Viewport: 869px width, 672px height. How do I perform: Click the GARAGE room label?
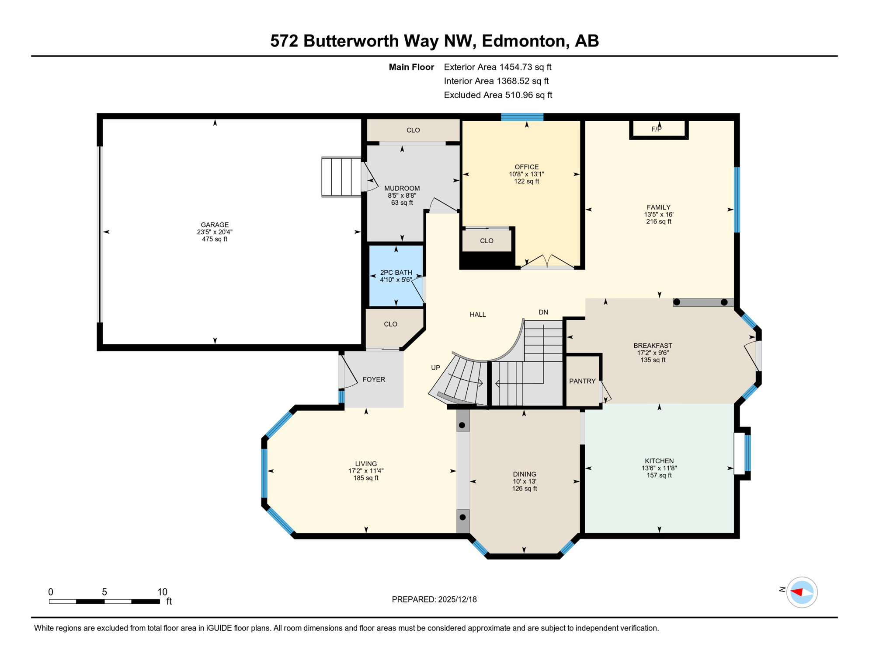click(215, 225)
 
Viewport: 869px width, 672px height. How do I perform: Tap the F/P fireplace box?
click(659, 129)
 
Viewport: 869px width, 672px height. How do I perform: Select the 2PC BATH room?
click(396, 276)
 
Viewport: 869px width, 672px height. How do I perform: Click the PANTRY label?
click(582, 381)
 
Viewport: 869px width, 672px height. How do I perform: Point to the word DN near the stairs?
click(543, 312)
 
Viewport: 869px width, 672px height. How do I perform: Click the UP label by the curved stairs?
click(435, 368)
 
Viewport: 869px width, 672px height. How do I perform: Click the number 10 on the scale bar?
click(162, 592)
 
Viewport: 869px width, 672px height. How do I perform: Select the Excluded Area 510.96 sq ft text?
click(498, 95)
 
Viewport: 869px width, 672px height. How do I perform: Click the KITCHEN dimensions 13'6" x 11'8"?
click(659, 468)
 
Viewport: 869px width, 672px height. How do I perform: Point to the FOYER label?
click(374, 380)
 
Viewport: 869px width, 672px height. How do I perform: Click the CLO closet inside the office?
click(487, 241)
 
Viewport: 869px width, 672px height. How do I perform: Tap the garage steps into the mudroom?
click(341, 177)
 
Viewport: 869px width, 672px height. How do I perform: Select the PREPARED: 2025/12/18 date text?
click(434, 599)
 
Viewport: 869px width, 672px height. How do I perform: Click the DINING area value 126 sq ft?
click(525, 489)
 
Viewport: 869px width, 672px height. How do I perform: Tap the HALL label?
click(478, 315)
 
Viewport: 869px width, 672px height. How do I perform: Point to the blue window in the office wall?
click(522, 117)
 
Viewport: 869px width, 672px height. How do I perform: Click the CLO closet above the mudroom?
click(413, 130)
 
